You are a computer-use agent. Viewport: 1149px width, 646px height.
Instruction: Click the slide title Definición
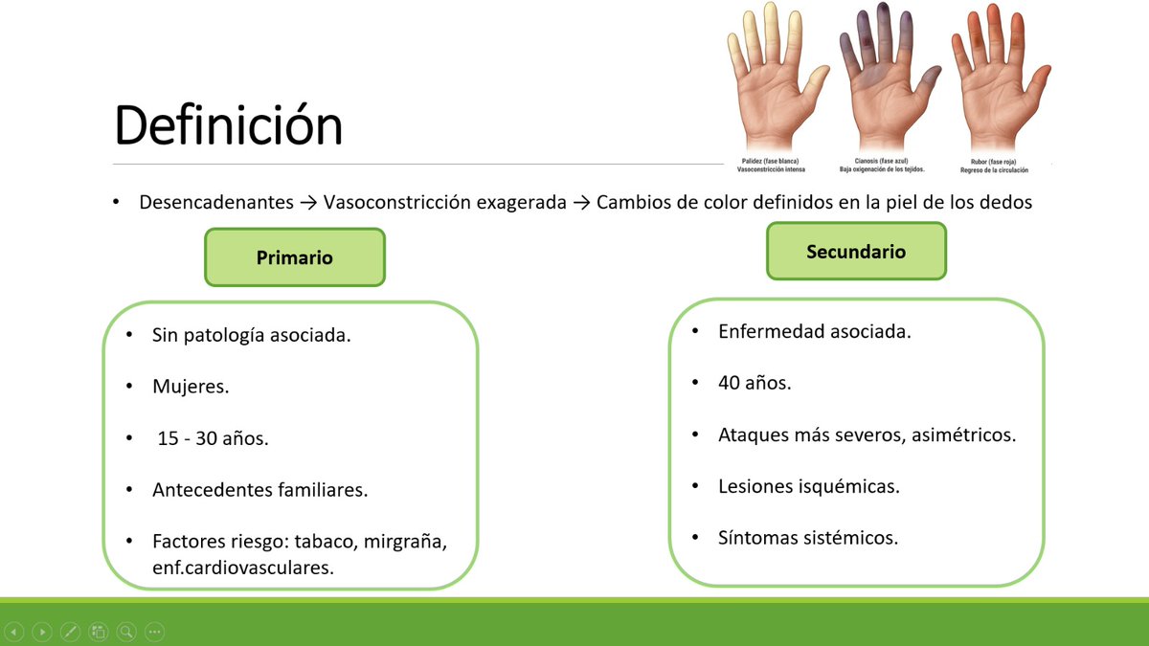(228, 126)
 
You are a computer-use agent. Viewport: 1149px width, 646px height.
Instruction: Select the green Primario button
(295, 257)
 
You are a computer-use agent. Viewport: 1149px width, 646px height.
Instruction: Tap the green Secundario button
(856, 252)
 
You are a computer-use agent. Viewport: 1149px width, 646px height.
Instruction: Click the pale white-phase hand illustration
(775, 81)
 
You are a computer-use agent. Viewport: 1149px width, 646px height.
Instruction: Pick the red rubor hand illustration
(997, 81)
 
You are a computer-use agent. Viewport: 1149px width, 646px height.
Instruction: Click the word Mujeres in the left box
(191, 388)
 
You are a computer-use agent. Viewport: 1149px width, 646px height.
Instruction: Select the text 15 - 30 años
(213, 439)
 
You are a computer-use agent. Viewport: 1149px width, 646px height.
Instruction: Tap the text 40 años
(755, 383)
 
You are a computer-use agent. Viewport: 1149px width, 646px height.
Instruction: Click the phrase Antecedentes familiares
(259, 490)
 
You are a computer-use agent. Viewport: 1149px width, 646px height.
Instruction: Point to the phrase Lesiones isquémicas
(808, 486)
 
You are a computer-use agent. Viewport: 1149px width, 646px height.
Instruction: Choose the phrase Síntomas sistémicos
(807, 538)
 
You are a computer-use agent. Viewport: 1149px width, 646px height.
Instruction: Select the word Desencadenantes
(216, 203)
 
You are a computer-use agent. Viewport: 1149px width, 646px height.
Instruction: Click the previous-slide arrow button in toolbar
(14, 632)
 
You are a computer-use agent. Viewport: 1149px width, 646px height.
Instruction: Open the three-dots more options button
(154, 632)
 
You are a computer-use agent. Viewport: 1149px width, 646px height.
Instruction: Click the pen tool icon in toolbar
(70, 632)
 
